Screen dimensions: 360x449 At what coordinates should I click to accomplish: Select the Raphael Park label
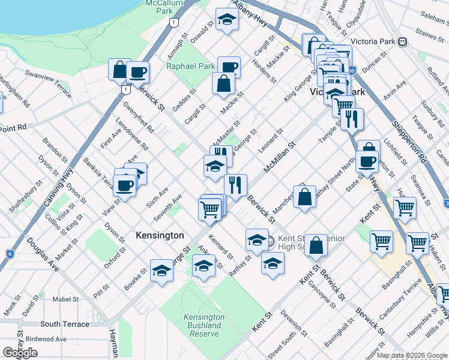(190, 66)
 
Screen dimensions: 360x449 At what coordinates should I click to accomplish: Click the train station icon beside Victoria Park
(402, 42)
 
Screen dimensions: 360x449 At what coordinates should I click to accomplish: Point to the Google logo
(20, 353)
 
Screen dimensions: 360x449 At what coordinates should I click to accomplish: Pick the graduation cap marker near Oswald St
(227, 20)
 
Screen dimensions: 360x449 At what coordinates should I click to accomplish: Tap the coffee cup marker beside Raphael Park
(229, 67)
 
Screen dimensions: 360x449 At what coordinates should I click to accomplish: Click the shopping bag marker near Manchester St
(305, 196)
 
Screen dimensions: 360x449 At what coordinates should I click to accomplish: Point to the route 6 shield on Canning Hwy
(10, 254)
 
